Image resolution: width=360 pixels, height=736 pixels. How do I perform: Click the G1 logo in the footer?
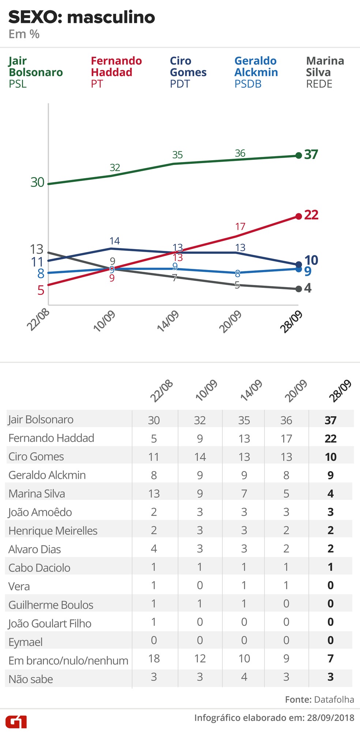16,722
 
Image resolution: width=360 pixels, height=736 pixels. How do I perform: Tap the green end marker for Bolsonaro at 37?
299,155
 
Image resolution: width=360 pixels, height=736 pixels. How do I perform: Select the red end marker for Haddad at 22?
299,216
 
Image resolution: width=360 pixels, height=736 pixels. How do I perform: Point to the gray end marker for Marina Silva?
299,289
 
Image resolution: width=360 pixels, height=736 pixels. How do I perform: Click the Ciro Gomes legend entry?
188,72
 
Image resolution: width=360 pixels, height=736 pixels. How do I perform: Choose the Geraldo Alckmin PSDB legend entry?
256,72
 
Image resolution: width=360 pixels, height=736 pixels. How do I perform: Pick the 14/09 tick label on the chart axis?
168,321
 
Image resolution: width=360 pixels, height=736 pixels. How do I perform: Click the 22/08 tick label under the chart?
38,319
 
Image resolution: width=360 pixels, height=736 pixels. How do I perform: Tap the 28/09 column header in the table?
340,391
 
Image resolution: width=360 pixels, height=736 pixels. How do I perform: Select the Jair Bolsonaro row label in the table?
41,420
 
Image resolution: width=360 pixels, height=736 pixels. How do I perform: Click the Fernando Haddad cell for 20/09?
286,438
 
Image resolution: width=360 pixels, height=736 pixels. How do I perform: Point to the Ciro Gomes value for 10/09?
200,457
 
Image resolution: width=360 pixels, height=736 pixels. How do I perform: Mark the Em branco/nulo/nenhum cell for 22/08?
154,658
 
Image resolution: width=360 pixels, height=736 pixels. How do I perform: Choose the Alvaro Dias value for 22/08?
154,548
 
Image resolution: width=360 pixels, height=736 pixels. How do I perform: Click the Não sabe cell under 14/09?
244,677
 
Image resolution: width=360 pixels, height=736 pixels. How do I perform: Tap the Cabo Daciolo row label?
40,567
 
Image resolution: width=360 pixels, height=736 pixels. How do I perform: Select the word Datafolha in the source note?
334,699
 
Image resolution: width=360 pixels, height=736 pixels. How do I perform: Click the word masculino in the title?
111,17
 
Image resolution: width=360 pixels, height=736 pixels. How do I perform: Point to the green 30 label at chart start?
37,182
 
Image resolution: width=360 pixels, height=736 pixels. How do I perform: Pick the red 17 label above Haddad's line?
240,226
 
